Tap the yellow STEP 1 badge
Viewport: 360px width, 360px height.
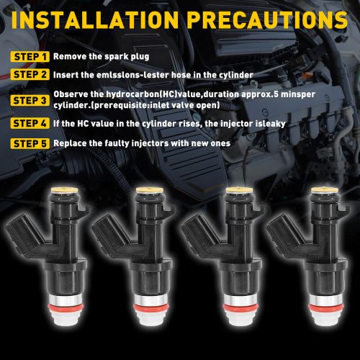30,56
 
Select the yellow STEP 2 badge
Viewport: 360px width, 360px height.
30,73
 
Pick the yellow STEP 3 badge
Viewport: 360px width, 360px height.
30,97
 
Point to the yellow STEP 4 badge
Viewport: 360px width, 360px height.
30,123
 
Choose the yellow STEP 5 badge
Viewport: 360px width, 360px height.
30,143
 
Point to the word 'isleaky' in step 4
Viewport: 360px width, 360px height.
268,123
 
